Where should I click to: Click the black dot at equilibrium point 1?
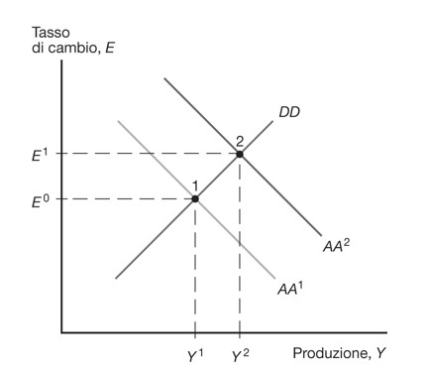click(x=195, y=198)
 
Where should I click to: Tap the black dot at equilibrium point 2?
click(x=240, y=154)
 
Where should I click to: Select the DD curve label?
click(x=289, y=112)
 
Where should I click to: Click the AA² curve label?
click(x=336, y=246)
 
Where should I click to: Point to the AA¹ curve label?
click(x=290, y=289)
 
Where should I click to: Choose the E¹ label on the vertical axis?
click(x=40, y=155)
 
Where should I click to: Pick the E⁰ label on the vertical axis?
click(x=40, y=200)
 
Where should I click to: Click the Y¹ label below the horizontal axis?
click(x=195, y=355)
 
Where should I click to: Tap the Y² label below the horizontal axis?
click(x=240, y=355)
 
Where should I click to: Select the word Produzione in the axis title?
click(x=330, y=353)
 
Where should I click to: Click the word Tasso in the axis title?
click(x=51, y=33)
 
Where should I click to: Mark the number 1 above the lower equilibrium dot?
click(x=195, y=186)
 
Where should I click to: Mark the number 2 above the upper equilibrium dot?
click(x=240, y=141)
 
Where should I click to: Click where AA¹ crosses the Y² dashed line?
click(x=240, y=244)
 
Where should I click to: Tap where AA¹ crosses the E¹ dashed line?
click(x=151, y=154)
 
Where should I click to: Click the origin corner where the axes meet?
click(x=61, y=332)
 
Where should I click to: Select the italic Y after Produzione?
click(x=380, y=353)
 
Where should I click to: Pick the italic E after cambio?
click(x=109, y=49)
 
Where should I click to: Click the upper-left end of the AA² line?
click(x=164, y=78)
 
